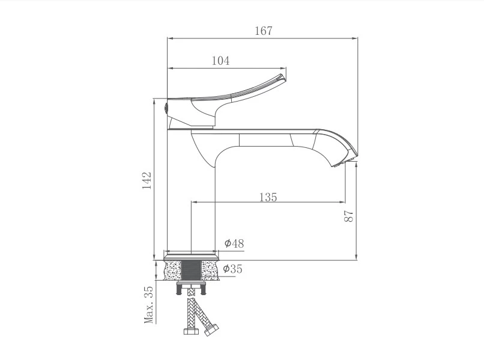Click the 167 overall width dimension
(264, 31)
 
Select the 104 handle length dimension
(221, 61)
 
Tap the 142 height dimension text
(147, 180)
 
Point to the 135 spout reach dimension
(268, 197)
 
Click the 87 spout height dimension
(348, 216)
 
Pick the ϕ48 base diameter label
(234, 243)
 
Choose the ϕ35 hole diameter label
(233, 269)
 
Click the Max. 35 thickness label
(149, 305)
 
